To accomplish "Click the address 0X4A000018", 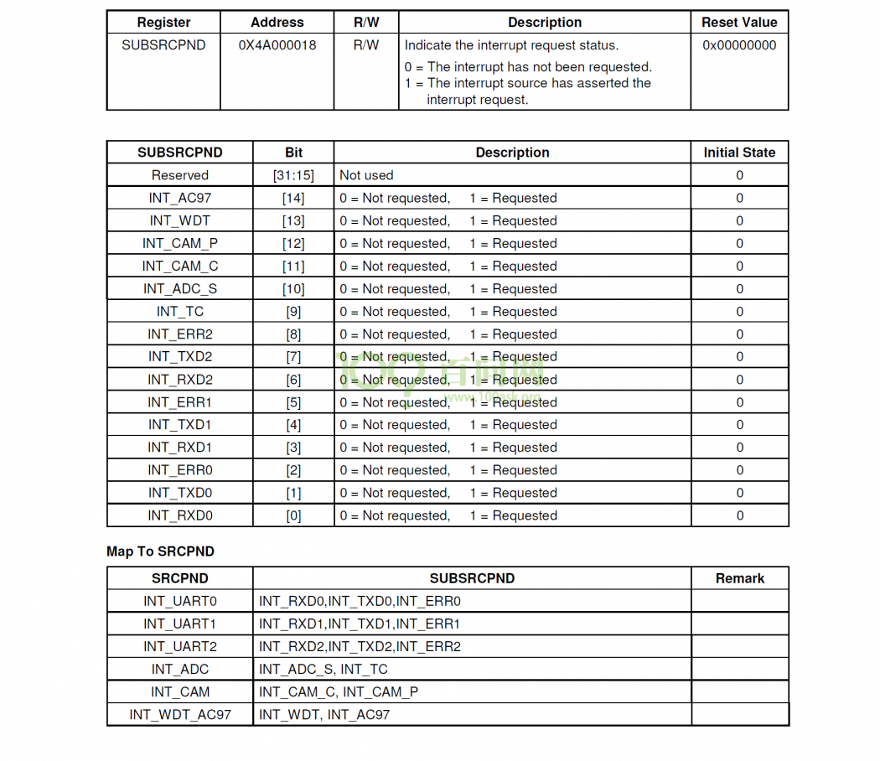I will (277, 45).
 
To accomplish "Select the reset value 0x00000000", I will (739, 45).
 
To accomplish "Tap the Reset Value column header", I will (739, 23).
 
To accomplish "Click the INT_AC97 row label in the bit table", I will (179, 199).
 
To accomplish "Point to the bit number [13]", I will (293, 221).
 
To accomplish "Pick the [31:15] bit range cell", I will (293, 176).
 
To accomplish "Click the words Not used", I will (366, 176).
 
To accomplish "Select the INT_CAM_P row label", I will (179, 244).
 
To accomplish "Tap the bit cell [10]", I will (293, 289).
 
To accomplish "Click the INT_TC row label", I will (179, 312).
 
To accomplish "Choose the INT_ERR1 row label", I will (179, 402).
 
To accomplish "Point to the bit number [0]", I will (293, 515).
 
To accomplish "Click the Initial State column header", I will (739, 153).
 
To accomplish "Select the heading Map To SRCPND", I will (160, 551).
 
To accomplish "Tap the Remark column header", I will (739, 578).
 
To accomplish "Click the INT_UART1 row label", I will (179, 624).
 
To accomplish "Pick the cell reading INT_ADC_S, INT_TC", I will (323, 669).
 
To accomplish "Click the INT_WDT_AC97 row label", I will (179, 715).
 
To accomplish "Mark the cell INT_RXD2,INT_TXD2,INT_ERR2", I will (360, 646).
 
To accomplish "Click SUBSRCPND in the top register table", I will (163, 45).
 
